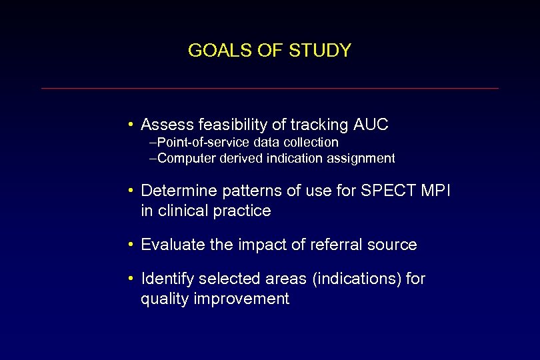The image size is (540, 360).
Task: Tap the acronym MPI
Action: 436,191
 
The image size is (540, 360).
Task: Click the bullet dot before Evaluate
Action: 132,245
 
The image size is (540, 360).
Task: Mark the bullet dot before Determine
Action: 132,191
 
